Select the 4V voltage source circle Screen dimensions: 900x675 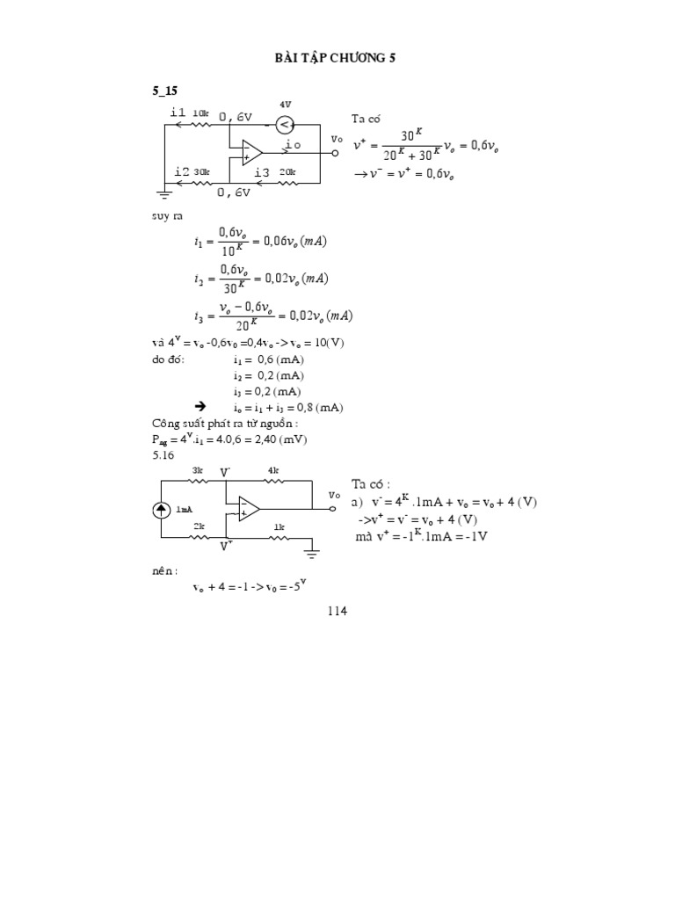[x=285, y=124]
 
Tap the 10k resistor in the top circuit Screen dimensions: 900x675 [x=200, y=124]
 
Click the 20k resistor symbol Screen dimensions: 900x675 [x=287, y=183]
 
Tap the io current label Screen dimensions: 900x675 [x=292, y=143]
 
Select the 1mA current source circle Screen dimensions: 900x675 [x=163, y=510]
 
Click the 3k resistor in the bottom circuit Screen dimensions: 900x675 [x=198, y=481]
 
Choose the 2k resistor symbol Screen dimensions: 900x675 [x=200, y=538]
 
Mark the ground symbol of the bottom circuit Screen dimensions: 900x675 [x=310, y=553]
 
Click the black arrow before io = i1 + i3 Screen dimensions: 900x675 [x=200, y=407]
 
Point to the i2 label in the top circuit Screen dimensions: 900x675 [x=181, y=171]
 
